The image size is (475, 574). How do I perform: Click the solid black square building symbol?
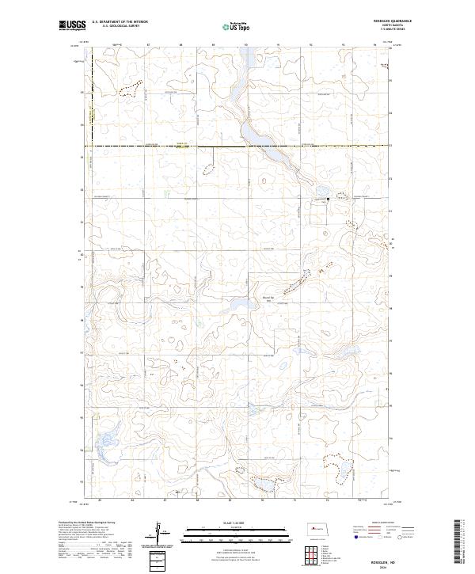pyautogui.click(x=329, y=200)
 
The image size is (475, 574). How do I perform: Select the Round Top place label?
pyautogui.click(x=268, y=298)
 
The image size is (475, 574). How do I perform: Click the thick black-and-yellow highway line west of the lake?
pyautogui.click(x=158, y=146)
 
